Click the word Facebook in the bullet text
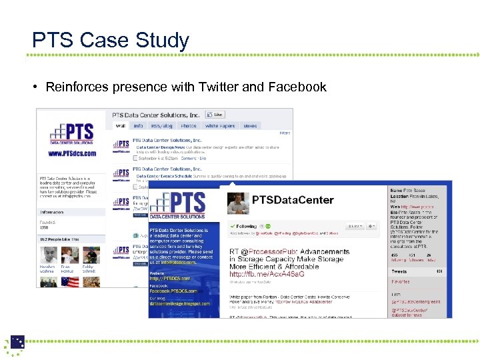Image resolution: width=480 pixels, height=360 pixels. pyautogui.click(x=297, y=87)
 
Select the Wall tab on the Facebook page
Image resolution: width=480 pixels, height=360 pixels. pyautogui.click(x=121, y=125)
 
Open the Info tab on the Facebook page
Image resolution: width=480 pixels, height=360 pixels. pyautogui.click(x=138, y=125)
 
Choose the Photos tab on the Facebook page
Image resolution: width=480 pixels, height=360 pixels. pyautogui.click(x=189, y=125)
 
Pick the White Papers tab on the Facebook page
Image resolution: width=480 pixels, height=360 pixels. pyautogui.click(x=219, y=125)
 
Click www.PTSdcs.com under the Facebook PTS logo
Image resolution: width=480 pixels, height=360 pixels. pyautogui.click(x=72, y=153)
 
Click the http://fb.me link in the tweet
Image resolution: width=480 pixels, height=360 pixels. pyautogui.click(x=267, y=274)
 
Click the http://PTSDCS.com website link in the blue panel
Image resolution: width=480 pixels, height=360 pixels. pyautogui.click(x=170, y=279)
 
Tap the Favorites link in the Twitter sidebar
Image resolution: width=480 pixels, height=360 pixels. pyautogui.click(x=401, y=282)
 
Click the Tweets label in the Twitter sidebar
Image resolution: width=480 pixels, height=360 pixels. pyautogui.click(x=399, y=271)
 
